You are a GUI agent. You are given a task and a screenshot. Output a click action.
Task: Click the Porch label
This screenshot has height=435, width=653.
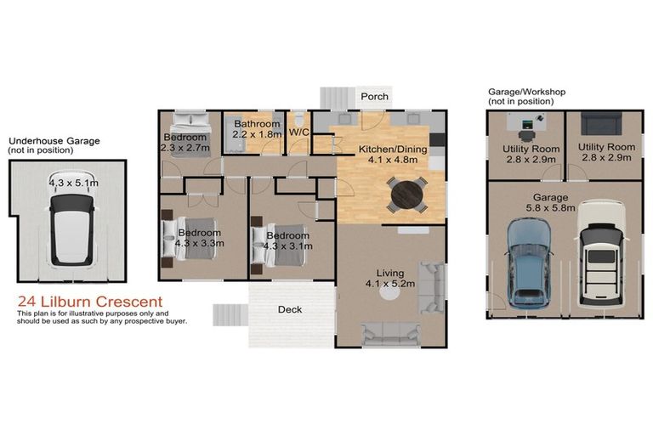pyautogui.click(x=374, y=97)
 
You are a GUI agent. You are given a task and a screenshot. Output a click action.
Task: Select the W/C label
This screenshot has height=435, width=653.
pyautogui.click(x=298, y=133)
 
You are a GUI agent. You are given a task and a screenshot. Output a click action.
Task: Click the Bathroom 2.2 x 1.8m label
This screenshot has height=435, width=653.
pyautogui.click(x=257, y=129)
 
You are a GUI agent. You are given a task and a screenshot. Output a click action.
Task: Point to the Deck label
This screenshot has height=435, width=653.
pyautogui.click(x=290, y=309)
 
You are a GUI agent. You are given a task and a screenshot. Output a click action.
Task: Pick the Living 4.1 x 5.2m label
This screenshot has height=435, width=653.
pyautogui.click(x=389, y=278)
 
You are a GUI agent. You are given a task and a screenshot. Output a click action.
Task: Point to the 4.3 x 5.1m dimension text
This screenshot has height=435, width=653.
pyautogui.click(x=72, y=182)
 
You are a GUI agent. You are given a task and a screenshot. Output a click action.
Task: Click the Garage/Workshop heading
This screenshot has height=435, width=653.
pyautogui.click(x=526, y=92)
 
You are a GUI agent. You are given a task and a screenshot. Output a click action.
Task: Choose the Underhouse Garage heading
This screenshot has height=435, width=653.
pyautogui.click(x=54, y=141)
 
